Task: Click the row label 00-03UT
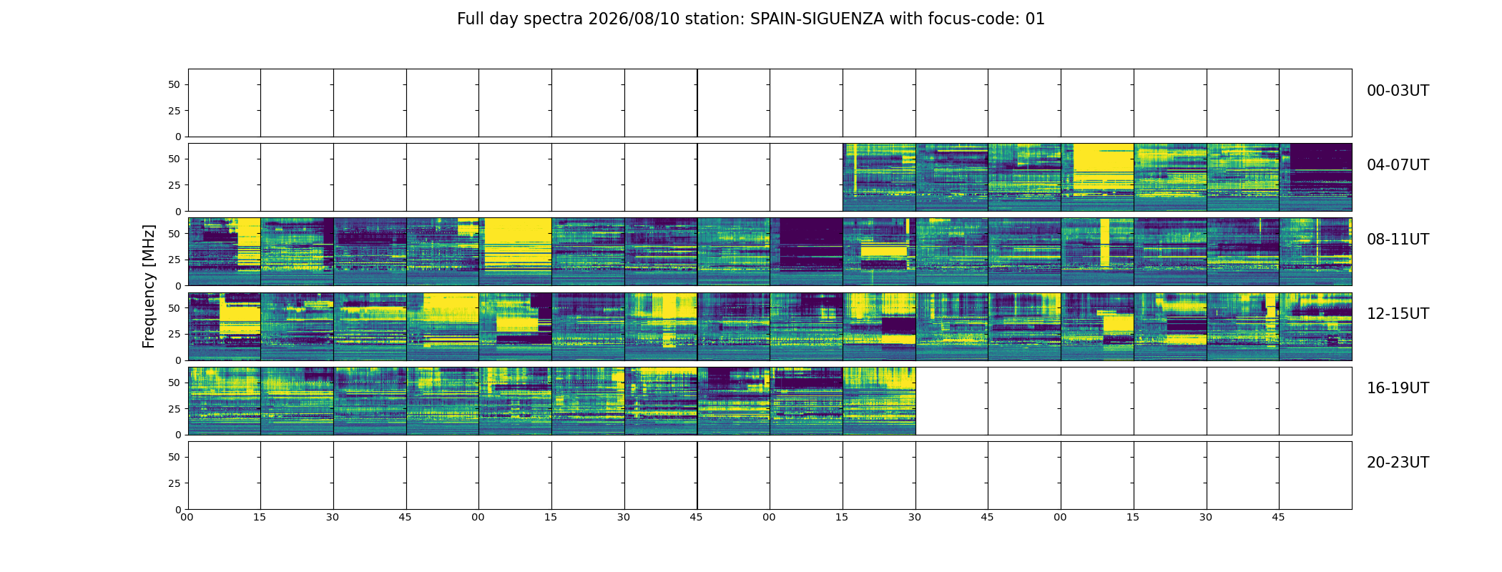click(1398, 91)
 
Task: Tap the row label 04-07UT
click(1398, 165)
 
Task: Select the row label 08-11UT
click(1398, 240)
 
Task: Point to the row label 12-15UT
click(1398, 314)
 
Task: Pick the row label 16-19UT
click(1398, 388)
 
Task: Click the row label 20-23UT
click(1398, 463)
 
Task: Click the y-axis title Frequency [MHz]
click(149, 286)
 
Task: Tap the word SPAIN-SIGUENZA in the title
click(817, 19)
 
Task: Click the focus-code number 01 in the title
click(1035, 19)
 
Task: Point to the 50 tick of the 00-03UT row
click(175, 84)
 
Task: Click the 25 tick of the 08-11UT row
click(175, 260)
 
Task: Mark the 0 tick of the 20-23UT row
click(177, 509)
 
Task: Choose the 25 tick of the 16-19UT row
click(175, 409)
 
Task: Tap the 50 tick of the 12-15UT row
click(175, 308)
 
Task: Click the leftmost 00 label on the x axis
click(187, 517)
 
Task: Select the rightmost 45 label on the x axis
click(1278, 517)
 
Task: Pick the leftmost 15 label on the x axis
click(260, 517)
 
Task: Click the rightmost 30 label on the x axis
click(1206, 517)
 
